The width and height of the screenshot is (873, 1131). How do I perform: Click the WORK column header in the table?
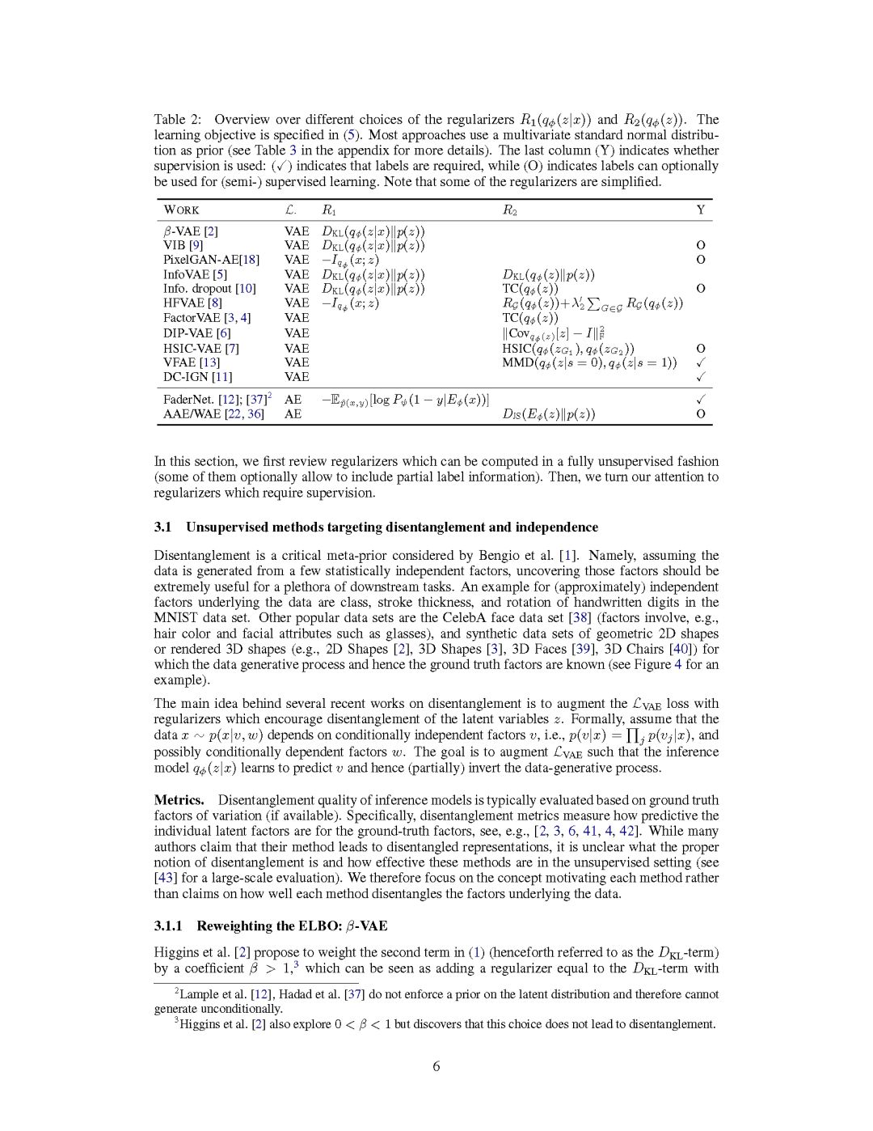(181, 210)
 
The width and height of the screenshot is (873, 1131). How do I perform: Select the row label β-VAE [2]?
(191, 231)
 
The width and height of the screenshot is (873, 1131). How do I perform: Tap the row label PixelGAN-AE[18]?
(211, 260)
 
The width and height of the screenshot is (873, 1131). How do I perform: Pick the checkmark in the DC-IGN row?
(701, 377)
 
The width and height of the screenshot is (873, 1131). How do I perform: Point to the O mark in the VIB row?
(701, 245)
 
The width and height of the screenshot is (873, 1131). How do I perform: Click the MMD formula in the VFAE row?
(589, 362)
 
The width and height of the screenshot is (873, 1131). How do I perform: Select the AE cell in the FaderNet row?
(293, 400)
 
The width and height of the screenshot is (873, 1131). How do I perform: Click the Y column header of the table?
(701, 210)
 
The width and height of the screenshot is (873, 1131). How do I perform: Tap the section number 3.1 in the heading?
(162, 527)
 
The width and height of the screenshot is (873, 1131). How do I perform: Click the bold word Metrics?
(179, 800)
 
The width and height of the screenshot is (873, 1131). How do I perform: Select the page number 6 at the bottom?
(436, 1066)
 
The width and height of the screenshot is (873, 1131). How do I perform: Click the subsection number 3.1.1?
(168, 926)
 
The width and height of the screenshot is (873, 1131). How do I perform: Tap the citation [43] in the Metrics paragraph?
(166, 878)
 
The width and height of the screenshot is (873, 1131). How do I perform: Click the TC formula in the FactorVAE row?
(530, 318)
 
